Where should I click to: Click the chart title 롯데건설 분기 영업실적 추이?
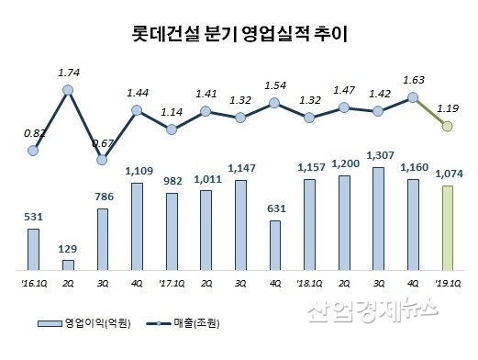pyautogui.click(x=239, y=38)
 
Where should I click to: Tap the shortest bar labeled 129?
pyautogui.click(x=68, y=264)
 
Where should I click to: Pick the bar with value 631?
pyautogui.click(x=274, y=245)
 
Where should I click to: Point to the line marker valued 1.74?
pyautogui.click(x=68, y=90)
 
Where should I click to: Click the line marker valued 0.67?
pyautogui.click(x=103, y=159)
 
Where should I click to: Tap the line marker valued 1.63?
pyautogui.click(x=413, y=96)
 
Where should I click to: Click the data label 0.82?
pyautogui.click(x=33, y=132)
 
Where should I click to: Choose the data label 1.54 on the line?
pyautogui.click(x=274, y=85)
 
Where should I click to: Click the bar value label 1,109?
pyautogui.click(x=137, y=171)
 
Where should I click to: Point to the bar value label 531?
pyautogui.click(x=33, y=217)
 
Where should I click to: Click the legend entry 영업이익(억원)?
pyautogui.click(x=94, y=322)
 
